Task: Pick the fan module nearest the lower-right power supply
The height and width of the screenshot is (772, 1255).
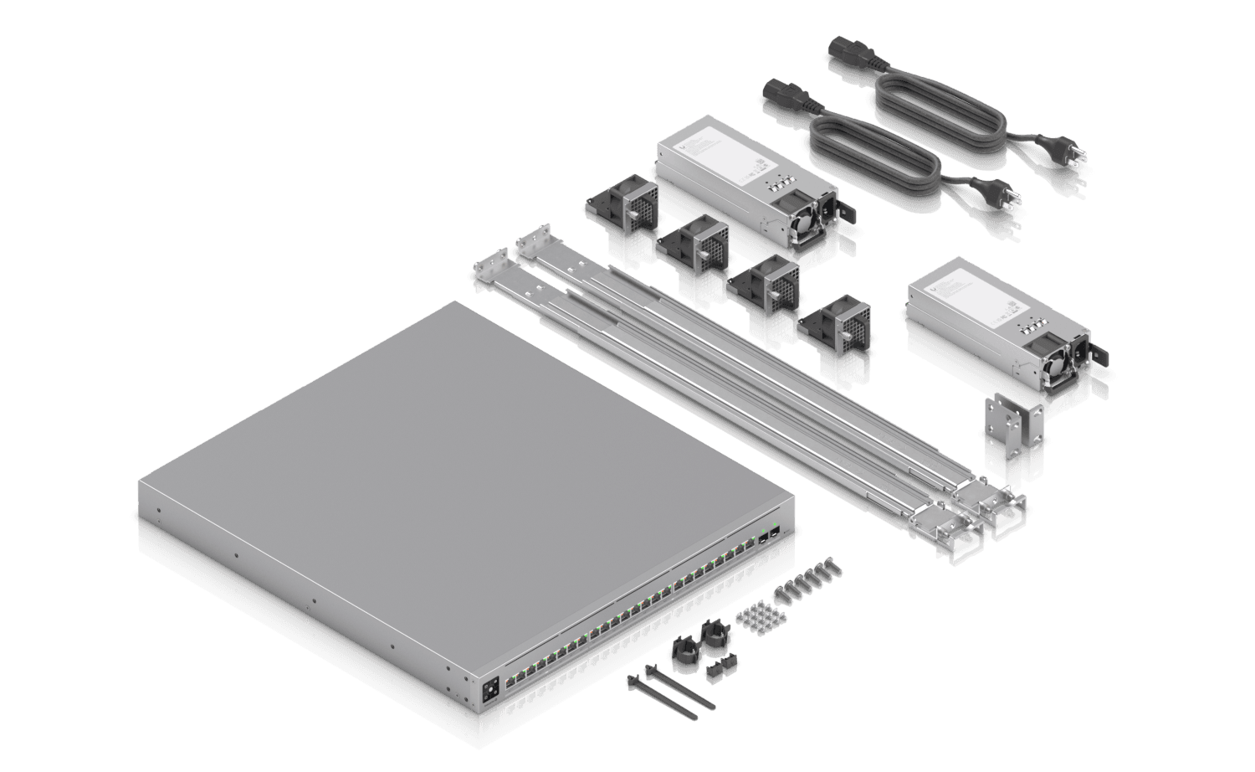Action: (837, 330)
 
